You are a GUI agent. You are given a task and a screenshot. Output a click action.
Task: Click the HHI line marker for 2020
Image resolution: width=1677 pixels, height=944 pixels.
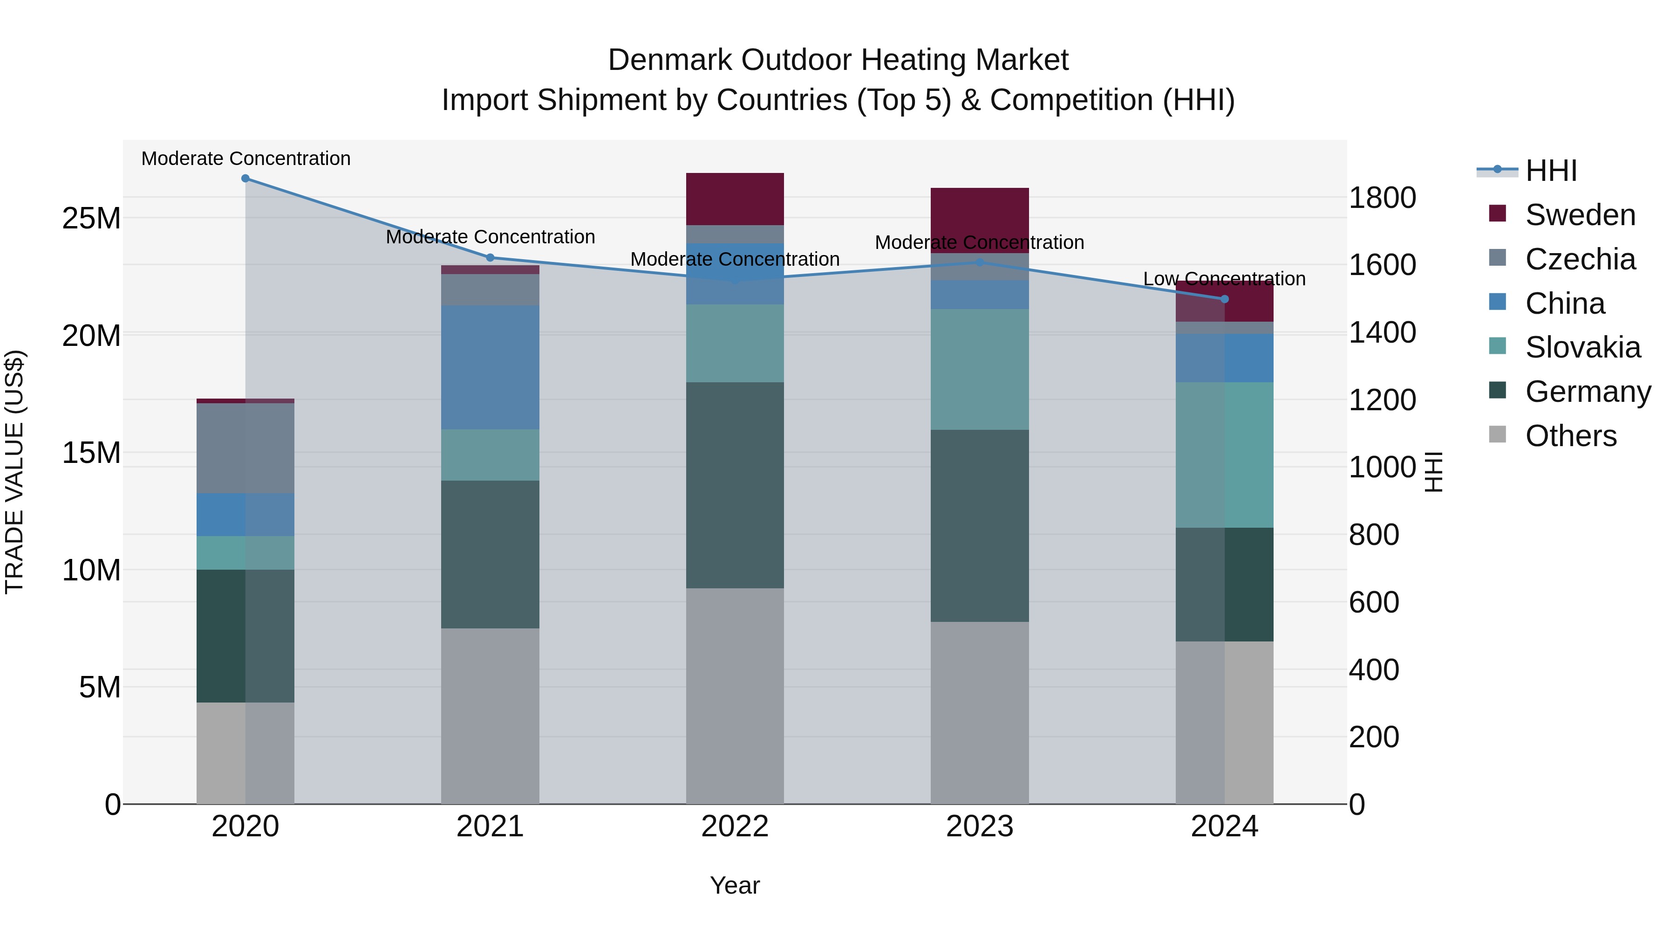(245, 179)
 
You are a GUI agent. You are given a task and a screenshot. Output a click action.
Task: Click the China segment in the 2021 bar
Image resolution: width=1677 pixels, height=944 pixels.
(490, 367)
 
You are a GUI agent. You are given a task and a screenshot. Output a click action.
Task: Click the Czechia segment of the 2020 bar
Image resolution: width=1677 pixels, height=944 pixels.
(245, 448)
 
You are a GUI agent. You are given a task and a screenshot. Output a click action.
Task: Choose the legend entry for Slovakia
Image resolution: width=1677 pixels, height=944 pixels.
(1582, 347)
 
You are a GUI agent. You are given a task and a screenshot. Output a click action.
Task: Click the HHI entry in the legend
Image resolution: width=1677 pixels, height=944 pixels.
(1551, 171)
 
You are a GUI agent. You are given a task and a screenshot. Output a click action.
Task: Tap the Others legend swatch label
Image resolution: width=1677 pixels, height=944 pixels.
(1570, 436)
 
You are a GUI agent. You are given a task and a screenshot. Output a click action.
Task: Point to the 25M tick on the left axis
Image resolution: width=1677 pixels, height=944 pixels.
(91, 218)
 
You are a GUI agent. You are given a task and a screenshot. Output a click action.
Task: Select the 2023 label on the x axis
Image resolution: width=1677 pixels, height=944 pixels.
(979, 827)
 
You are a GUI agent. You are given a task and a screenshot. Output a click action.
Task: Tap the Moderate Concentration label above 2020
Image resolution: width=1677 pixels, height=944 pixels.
(245, 158)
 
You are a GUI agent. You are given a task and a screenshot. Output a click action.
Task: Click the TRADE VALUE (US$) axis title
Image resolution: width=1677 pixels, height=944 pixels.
(14, 472)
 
